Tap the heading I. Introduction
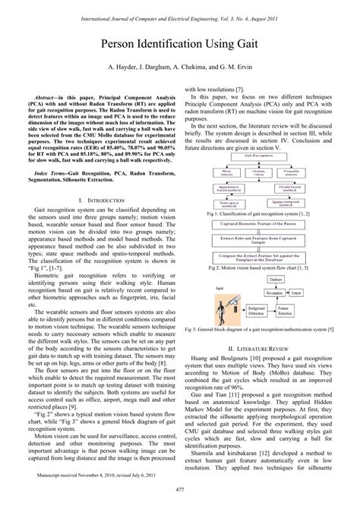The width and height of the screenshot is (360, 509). point(101,200)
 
